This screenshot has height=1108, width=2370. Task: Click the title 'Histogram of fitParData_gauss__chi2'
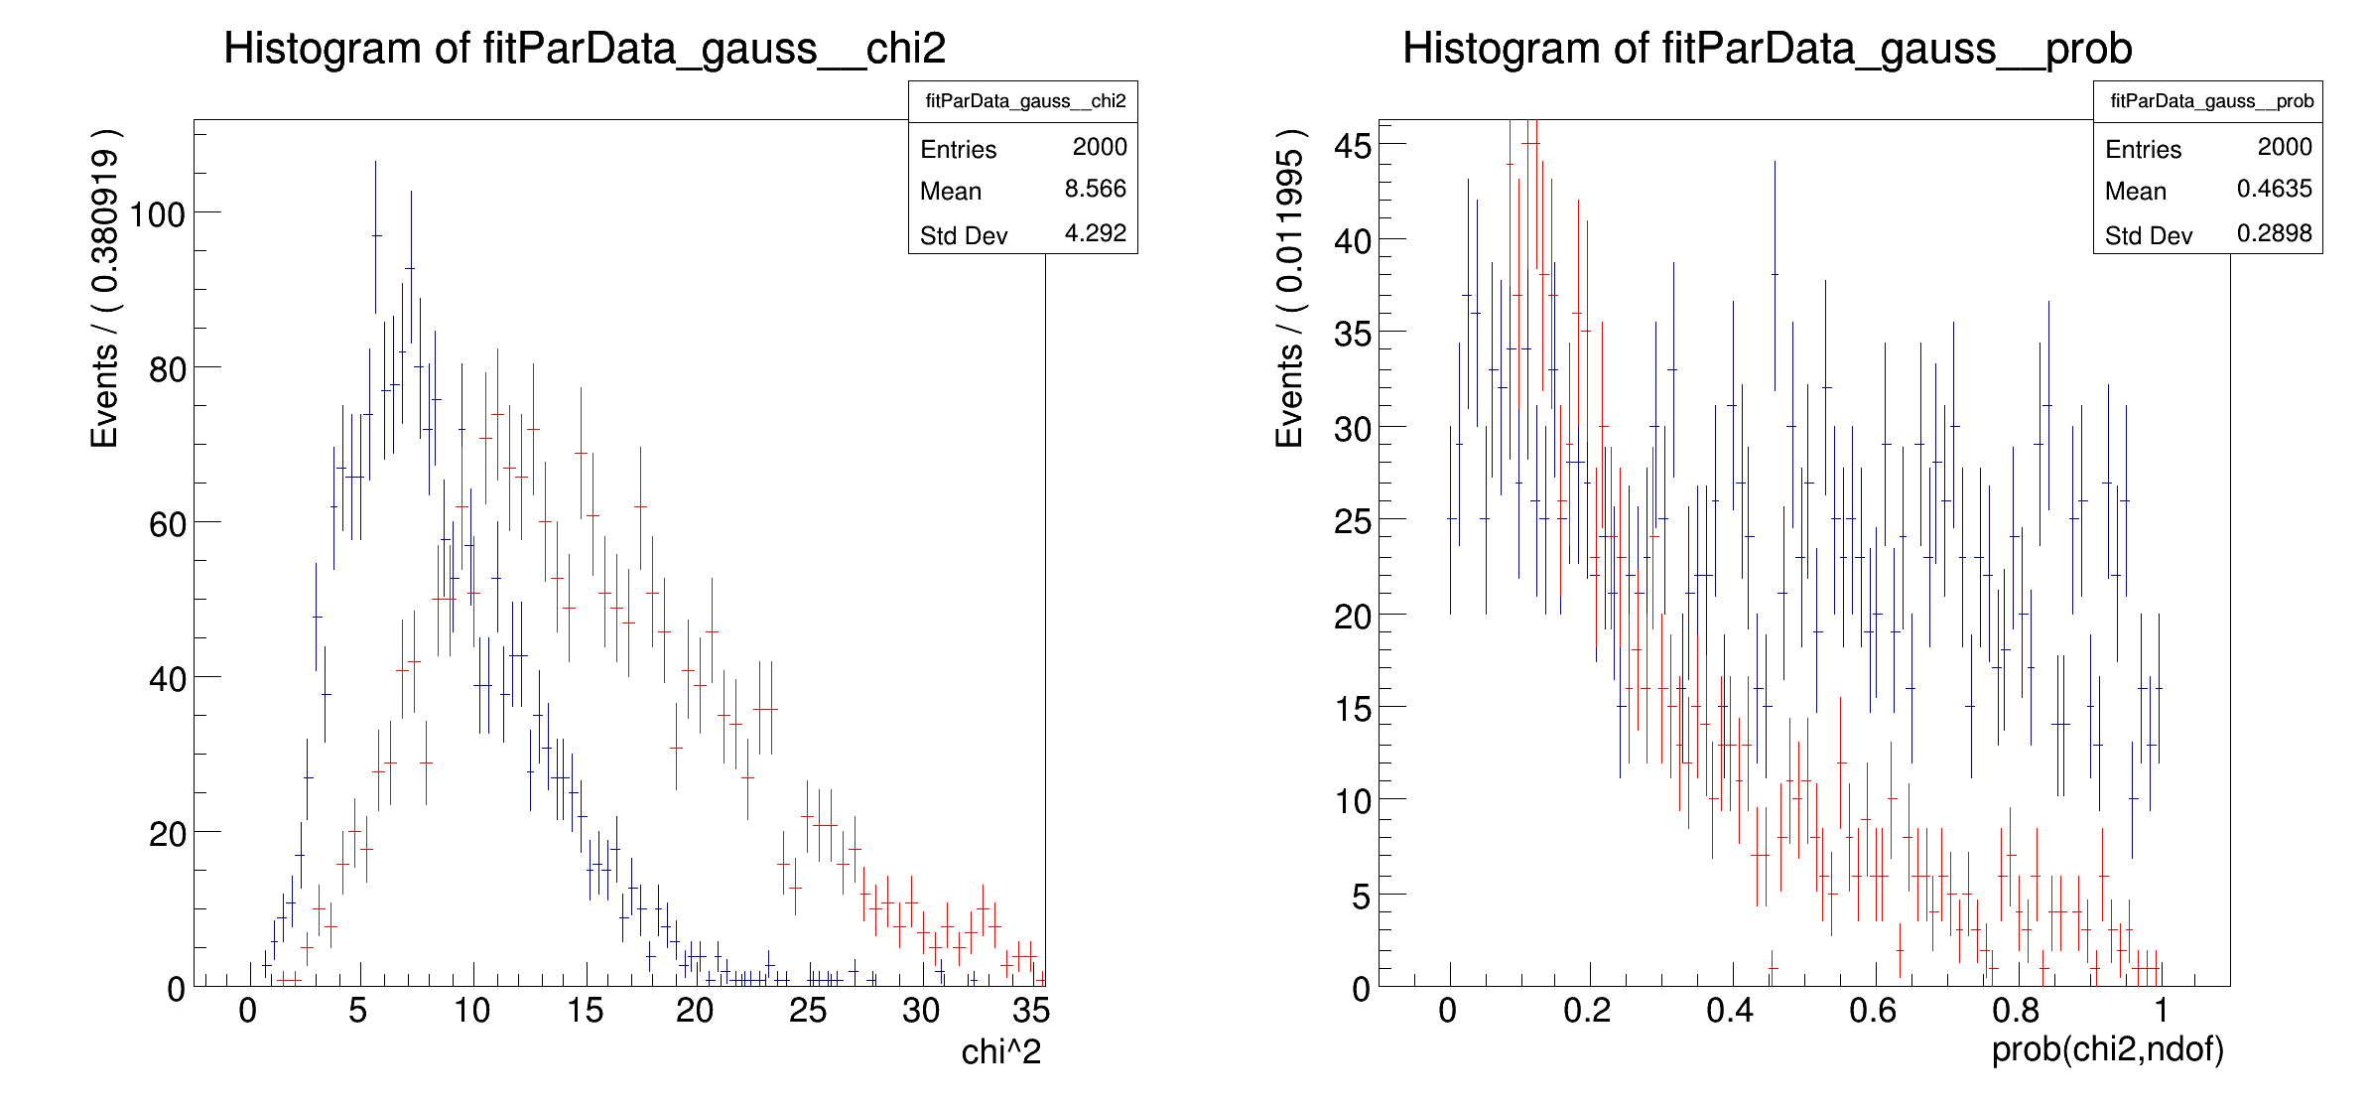585,49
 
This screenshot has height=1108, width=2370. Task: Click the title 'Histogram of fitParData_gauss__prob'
1767,49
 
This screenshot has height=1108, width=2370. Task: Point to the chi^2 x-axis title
1000,1052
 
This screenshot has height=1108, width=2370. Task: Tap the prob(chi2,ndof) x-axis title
2107,1049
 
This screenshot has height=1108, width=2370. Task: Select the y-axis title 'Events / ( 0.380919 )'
105,288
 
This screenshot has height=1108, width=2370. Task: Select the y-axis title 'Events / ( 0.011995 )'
1289,288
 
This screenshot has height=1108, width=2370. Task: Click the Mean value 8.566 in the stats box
1095,189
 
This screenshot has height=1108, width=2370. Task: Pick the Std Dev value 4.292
1095,233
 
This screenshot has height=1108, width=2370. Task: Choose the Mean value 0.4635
2274,189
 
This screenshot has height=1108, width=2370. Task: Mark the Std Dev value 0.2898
2274,233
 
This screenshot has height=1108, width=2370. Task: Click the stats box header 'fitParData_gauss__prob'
2211,101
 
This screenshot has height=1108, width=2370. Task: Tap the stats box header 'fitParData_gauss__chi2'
1025,101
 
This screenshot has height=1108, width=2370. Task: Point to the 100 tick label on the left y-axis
158,214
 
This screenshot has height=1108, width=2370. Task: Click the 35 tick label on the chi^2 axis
1030,1011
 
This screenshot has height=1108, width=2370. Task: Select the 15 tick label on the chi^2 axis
585,1011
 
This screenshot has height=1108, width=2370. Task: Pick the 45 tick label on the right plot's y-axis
1353,146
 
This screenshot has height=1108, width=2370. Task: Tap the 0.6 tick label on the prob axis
1872,1011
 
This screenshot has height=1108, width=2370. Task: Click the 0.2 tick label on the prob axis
1586,1011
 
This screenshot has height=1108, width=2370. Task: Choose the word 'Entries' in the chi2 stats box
958,150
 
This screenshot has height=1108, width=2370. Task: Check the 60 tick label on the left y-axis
167,525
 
